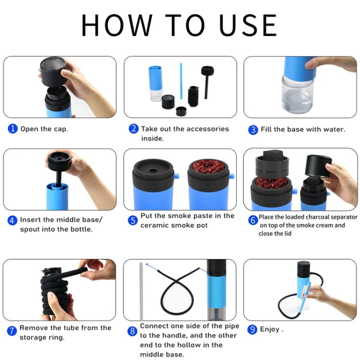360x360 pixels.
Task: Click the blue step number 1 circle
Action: pos(13,129)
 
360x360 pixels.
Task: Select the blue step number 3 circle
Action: pos(253,130)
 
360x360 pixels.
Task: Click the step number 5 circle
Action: pos(133,220)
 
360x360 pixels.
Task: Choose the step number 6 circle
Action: pos(253,220)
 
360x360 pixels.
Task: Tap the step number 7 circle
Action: pos(12,331)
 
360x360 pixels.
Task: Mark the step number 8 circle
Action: pos(132,331)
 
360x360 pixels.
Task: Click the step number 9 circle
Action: pos(253,330)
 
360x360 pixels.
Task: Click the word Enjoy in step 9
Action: pos(270,330)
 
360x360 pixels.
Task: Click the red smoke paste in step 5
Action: pos(208,168)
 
